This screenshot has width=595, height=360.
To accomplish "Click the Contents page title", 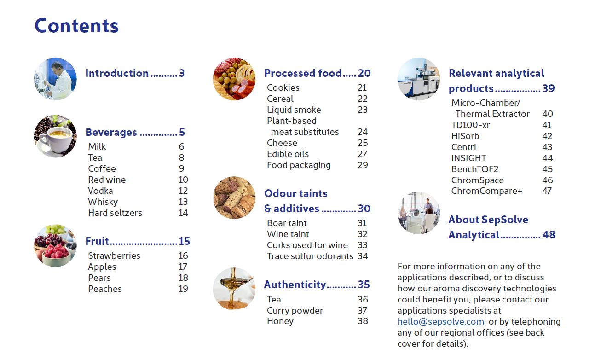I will [76, 26].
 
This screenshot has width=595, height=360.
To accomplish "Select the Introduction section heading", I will [117, 73].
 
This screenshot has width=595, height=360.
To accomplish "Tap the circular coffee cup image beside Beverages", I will [55, 136].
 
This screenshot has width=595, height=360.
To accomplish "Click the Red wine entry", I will [107, 180].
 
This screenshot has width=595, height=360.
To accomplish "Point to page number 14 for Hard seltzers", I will [183, 213].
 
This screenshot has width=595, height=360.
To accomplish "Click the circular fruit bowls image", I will [55, 246].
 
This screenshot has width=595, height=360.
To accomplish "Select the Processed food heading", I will [303, 73].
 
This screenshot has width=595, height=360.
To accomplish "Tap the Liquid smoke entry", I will [294, 110].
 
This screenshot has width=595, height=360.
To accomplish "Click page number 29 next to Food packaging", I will [363, 165].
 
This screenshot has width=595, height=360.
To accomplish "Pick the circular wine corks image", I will [234, 197].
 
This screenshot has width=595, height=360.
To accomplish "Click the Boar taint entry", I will [287, 223].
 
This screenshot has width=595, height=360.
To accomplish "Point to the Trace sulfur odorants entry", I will [310, 256].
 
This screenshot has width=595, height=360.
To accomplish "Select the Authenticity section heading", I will [295, 285].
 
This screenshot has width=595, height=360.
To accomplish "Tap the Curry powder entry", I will [295, 310].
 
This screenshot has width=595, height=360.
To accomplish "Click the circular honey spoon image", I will [234, 289].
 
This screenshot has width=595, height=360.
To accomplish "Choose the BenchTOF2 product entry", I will [474, 169].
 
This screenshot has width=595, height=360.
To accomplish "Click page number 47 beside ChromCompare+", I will [547, 191].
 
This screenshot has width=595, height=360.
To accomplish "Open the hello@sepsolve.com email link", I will [440, 321].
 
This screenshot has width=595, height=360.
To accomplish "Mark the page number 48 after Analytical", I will [549, 235].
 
